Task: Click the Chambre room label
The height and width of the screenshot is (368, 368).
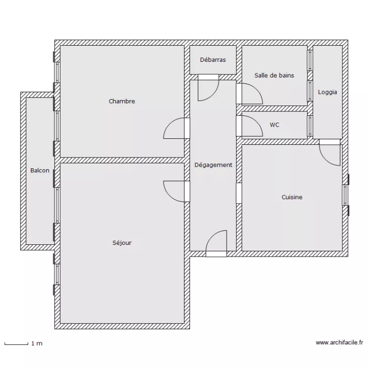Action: point(122,102)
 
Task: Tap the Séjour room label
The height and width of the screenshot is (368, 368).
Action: point(122,243)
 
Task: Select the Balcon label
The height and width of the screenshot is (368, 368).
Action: point(40,170)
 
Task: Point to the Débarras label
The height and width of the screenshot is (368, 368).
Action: point(213,60)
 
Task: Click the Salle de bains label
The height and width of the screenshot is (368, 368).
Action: point(274,76)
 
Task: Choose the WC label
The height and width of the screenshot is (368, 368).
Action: point(274,125)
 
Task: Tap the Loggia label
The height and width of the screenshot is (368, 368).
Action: point(327,92)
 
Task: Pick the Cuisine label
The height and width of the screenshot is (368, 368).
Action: point(292,197)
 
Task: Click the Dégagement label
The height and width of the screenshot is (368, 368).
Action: point(213,165)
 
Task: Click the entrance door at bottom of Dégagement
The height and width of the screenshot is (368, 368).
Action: point(216,243)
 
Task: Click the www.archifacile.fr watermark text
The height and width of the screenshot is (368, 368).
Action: point(340,343)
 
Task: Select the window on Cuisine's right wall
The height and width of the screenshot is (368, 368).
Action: point(345,195)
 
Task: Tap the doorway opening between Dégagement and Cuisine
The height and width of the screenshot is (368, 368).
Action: point(239,193)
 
